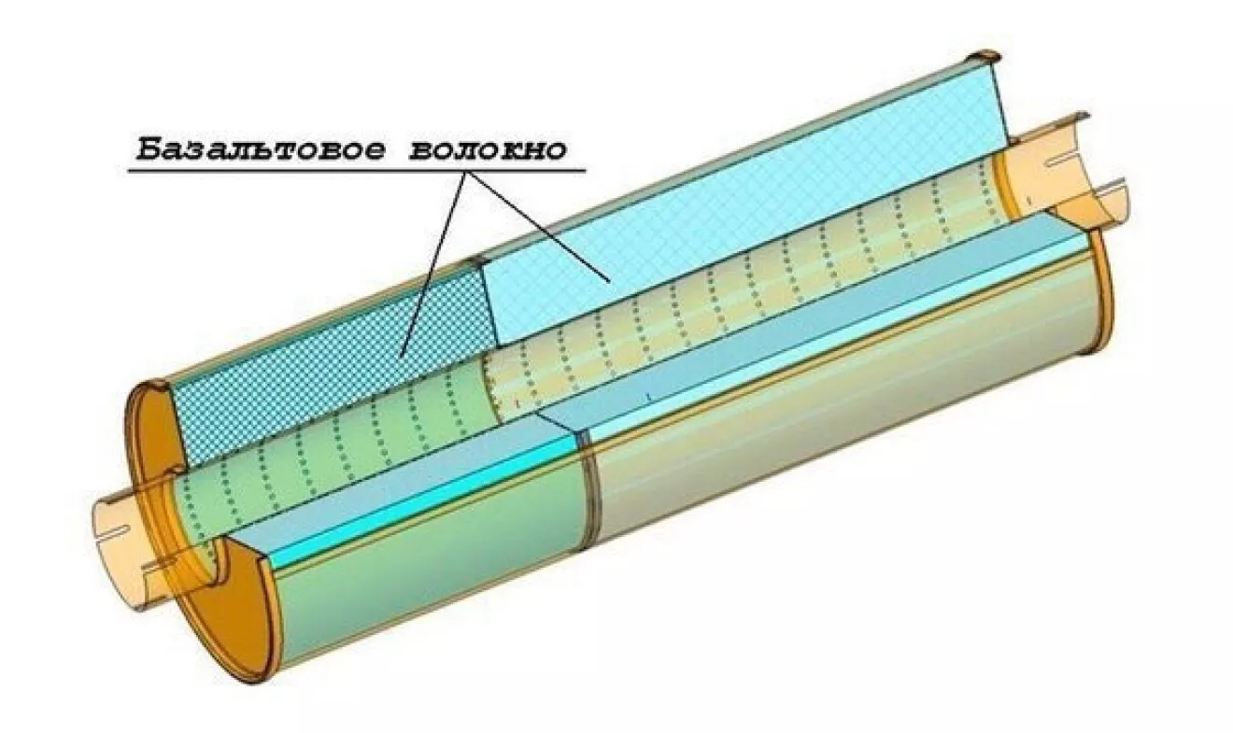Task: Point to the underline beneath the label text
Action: pyautogui.click(x=355, y=171)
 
